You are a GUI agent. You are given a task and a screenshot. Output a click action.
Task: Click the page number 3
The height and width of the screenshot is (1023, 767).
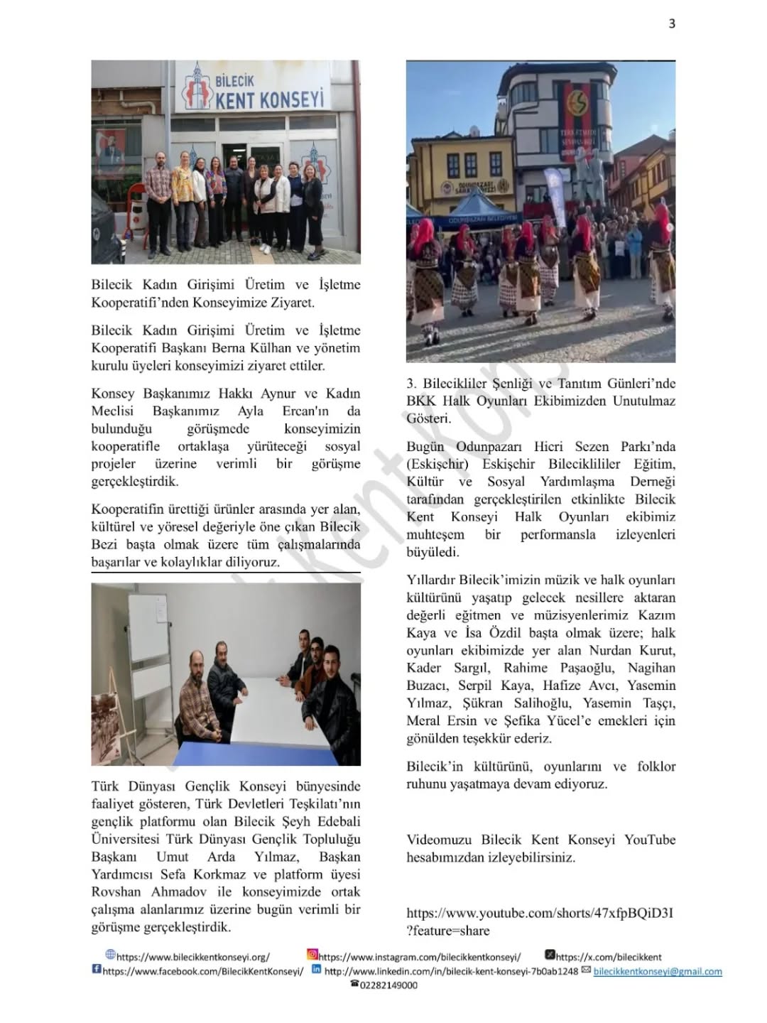pyautogui.click(x=672, y=23)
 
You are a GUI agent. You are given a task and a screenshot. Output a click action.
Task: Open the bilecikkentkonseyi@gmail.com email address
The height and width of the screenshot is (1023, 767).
pyautogui.click(x=658, y=971)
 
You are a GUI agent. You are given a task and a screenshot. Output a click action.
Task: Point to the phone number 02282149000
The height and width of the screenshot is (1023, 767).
pyautogui.click(x=388, y=985)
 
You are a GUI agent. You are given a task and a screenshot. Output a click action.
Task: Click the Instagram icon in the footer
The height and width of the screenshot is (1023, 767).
pyautogui.click(x=312, y=956)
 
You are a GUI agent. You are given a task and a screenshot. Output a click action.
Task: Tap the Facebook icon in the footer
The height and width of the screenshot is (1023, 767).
pyautogui.click(x=96, y=970)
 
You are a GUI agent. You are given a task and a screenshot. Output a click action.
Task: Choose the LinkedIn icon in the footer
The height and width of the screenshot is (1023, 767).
pyautogui.click(x=317, y=970)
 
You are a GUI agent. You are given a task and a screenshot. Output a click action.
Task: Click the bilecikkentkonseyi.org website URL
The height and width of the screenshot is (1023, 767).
pyautogui.click(x=192, y=957)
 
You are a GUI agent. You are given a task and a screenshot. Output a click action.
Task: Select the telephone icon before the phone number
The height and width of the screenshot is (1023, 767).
pyautogui.click(x=354, y=984)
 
